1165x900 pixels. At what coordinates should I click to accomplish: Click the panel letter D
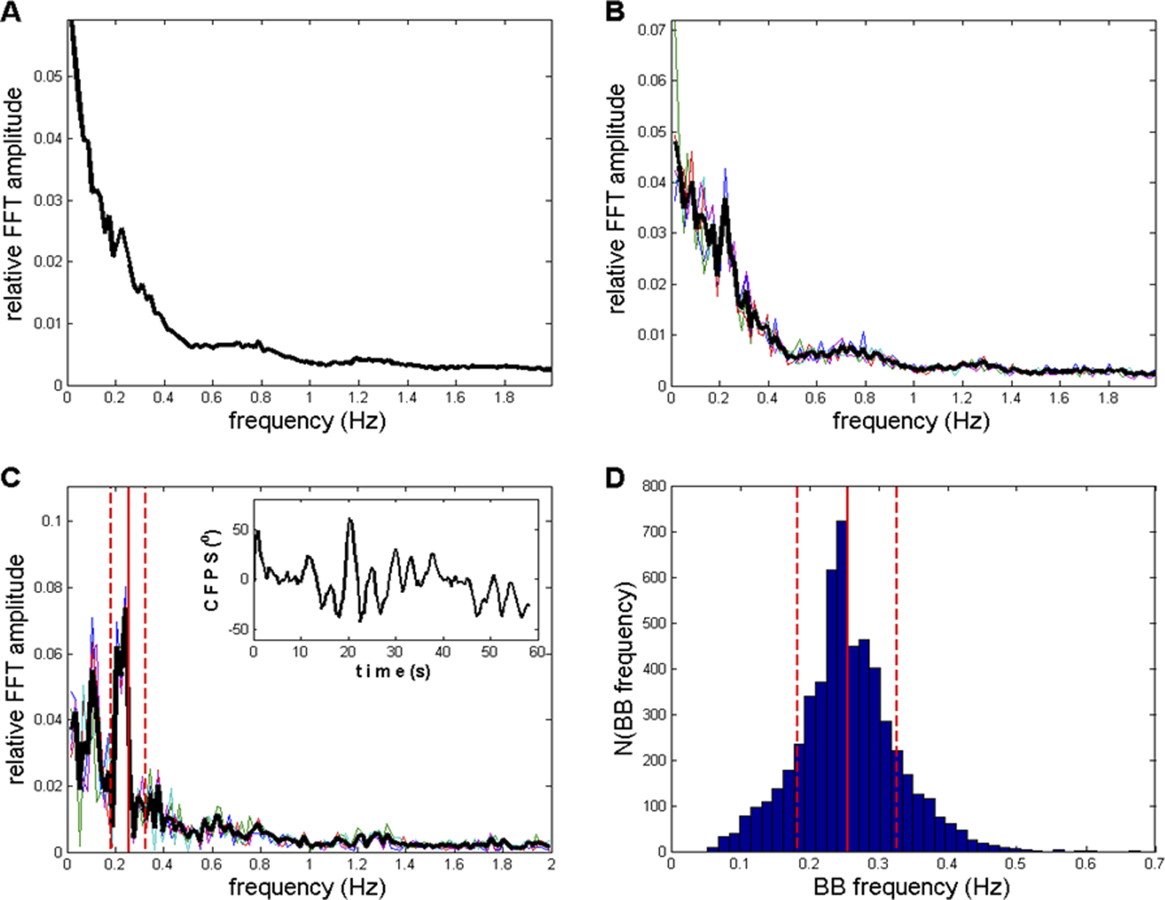(616, 479)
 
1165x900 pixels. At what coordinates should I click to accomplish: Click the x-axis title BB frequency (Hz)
(911, 887)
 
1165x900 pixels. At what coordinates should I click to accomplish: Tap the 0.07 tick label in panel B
(651, 30)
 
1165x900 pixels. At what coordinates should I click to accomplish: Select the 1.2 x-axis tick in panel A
(358, 398)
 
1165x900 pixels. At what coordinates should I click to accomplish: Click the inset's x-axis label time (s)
(392, 671)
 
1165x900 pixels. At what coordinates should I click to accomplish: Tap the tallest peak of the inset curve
(350, 520)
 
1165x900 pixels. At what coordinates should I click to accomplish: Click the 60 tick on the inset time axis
(536, 651)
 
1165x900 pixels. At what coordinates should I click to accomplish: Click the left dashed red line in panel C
(110, 658)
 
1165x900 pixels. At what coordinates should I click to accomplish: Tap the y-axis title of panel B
(617, 197)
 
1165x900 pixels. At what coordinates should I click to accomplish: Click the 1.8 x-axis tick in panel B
(1108, 398)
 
